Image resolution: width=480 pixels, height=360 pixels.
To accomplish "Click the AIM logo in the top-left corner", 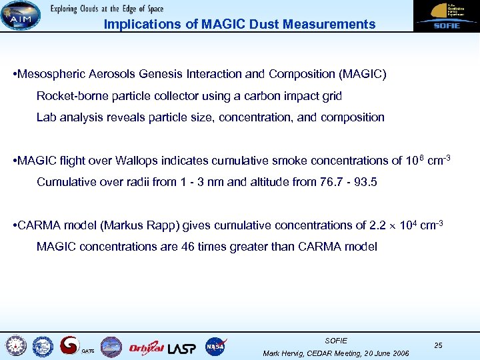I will (20, 15).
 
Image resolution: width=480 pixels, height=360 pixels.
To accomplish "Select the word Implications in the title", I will (136, 25).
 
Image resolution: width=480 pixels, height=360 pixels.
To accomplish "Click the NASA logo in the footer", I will (215, 346).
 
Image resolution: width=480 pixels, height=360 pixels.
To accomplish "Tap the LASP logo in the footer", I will (181, 347).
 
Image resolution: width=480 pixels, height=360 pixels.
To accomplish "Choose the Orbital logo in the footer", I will (145, 347).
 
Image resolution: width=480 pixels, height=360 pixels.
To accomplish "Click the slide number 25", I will (438, 345).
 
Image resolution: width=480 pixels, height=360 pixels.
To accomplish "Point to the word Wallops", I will (139, 161).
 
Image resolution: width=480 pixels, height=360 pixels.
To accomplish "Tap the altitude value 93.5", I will (365, 182).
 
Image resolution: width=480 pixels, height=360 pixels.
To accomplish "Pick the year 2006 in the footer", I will (397, 353).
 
